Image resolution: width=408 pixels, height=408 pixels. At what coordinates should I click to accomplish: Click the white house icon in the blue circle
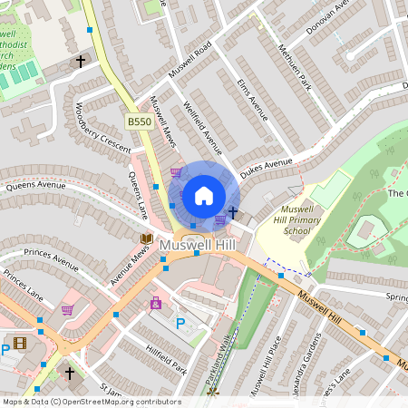click(204, 195)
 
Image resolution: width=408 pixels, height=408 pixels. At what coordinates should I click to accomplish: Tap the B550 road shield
click(138, 121)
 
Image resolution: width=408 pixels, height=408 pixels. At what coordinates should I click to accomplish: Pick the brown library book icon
click(146, 238)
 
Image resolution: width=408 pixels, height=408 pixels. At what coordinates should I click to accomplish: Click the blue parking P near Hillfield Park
click(180, 323)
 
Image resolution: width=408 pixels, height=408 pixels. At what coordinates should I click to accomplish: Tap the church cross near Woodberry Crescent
click(80, 62)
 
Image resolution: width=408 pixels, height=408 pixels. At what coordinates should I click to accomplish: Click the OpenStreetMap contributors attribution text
click(92, 401)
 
